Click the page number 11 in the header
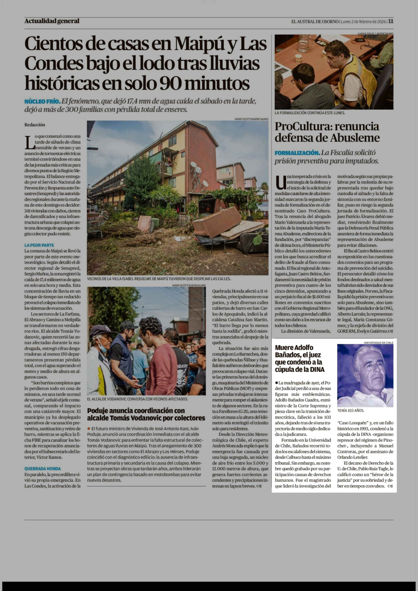pos(391,21)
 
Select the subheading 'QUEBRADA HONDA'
pos(43,469)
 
